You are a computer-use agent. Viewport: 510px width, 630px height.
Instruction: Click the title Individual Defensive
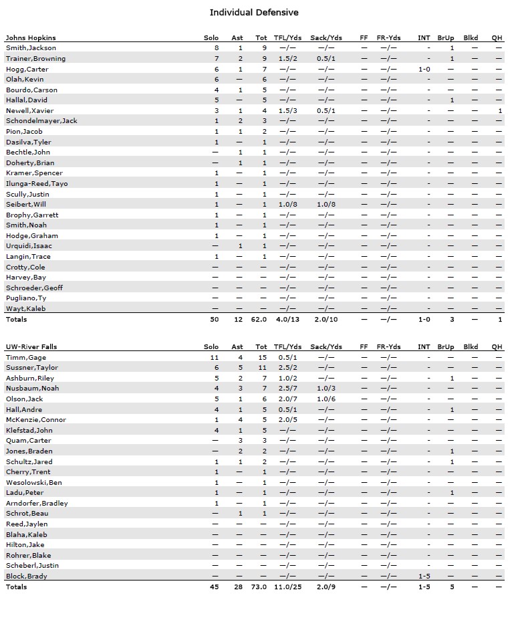pos(254,12)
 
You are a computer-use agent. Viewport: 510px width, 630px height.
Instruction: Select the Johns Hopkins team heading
pos(31,37)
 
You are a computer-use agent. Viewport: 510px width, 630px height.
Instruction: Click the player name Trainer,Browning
pos(35,59)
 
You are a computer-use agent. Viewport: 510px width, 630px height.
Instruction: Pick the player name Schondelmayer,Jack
pos(41,121)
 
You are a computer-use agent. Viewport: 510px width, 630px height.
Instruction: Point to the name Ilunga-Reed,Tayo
pos(37,183)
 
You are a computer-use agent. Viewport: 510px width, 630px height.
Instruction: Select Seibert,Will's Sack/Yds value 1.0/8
pos(326,204)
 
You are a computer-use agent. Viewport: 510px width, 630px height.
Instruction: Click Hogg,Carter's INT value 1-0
pos(424,69)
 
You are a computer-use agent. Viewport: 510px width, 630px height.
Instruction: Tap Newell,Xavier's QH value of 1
pos(499,110)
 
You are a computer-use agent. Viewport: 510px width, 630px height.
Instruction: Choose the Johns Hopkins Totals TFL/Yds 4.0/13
pos(287,320)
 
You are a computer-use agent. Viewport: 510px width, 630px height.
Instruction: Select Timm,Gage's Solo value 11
pos(215,358)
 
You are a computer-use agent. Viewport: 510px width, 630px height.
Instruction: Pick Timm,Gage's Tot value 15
pos(263,358)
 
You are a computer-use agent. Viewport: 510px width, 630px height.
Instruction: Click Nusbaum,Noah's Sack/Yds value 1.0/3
pos(326,389)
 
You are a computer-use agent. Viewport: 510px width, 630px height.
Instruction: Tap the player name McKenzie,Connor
pos(36,420)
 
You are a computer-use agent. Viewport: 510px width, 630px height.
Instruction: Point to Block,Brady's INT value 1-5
pos(424,576)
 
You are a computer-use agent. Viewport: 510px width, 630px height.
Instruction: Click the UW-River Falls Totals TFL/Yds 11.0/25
pos(287,587)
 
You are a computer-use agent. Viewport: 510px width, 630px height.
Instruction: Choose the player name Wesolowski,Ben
pos(34,482)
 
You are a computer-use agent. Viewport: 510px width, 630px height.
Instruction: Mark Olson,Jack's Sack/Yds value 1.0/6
pos(326,399)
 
